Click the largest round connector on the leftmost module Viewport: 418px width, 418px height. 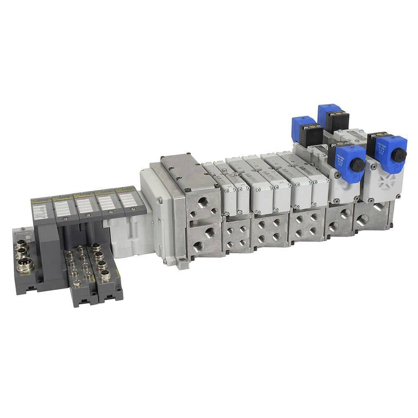point(25,265)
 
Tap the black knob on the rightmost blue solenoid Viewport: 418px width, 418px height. point(399,155)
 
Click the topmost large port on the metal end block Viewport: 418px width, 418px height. point(203,202)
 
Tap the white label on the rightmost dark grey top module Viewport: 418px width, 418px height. point(128,200)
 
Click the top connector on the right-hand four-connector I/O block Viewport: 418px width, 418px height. point(96,247)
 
